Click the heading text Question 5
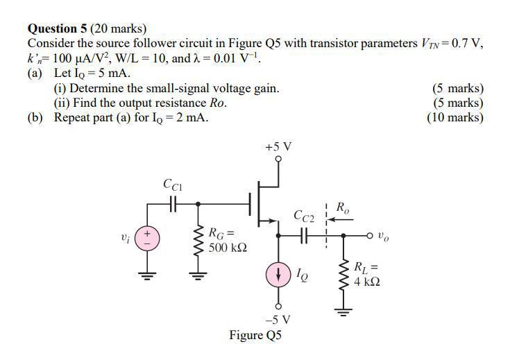(57, 28)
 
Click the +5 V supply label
(278, 147)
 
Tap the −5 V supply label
(278, 320)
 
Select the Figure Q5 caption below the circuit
(256, 336)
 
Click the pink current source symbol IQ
(278, 273)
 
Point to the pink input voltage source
(147, 237)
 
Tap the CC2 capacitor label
(304, 216)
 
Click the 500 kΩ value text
(228, 247)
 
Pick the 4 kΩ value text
(367, 282)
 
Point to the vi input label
(124, 237)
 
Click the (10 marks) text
(455, 117)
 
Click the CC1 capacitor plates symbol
(173, 204)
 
